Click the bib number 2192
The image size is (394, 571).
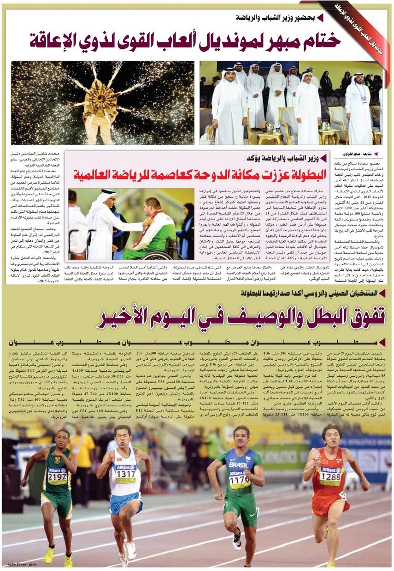57,476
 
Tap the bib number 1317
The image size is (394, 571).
126,474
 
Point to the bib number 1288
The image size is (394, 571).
330,476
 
